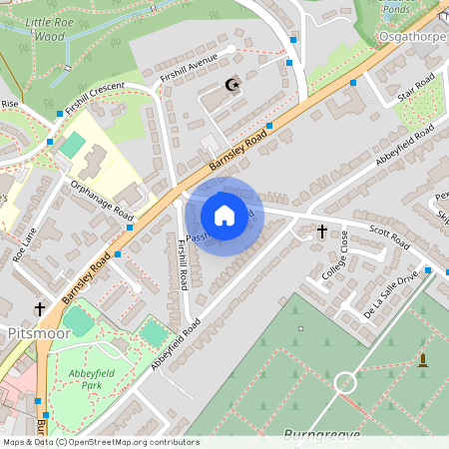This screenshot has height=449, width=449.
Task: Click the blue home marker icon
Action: click(x=224, y=216)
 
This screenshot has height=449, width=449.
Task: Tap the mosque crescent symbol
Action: click(x=233, y=86)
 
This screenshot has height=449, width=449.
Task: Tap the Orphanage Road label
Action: click(x=102, y=200)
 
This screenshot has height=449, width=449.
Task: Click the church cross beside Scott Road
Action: click(x=321, y=231)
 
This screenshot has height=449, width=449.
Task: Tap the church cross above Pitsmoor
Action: click(x=41, y=309)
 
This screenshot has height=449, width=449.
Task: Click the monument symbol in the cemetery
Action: click(x=422, y=359)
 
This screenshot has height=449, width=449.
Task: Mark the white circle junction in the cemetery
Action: click(x=345, y=381)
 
